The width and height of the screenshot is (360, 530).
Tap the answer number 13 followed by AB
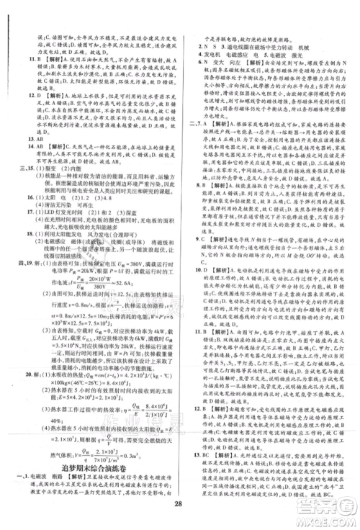(x=19, y=139)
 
